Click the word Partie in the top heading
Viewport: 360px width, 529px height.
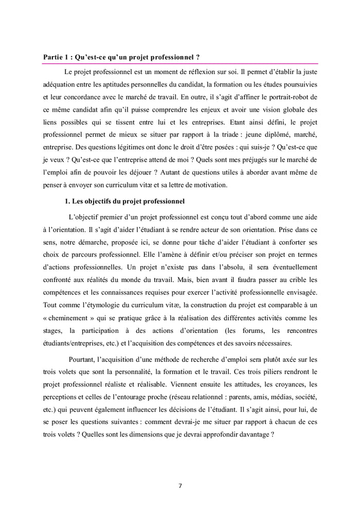pos(53,57)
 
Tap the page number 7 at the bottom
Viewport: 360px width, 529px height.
pos(180,485)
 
